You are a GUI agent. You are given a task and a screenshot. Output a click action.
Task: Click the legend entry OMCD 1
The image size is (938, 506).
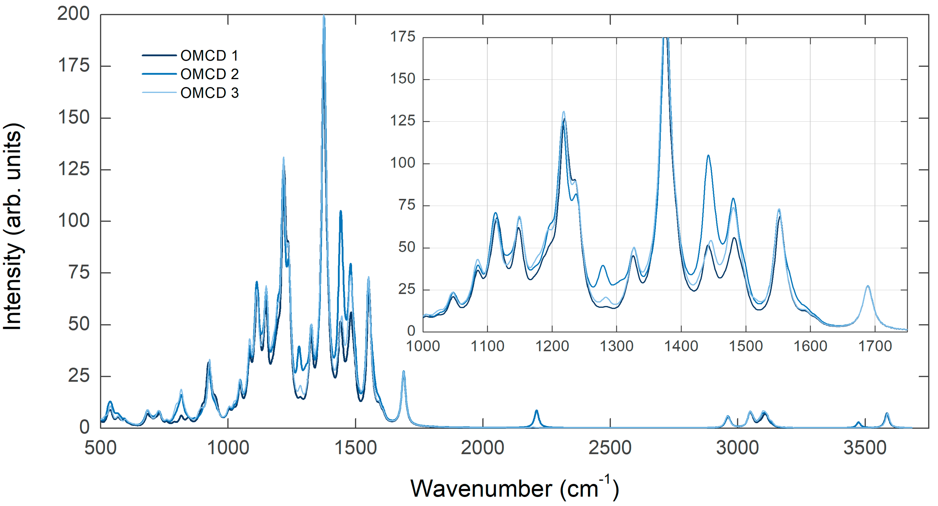point(209,56)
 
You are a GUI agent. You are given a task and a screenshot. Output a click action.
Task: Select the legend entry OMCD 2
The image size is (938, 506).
point(209,74)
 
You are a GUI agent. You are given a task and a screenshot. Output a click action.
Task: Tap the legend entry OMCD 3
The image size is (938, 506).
point(209,93)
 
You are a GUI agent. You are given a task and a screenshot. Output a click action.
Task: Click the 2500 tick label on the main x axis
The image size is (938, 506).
point(610,448)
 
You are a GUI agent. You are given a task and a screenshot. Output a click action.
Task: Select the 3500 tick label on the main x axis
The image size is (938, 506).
point(865,448)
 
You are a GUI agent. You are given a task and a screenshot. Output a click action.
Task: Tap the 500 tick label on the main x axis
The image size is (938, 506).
point(100,448)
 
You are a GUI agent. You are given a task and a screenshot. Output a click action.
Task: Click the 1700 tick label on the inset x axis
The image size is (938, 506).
point(875,346)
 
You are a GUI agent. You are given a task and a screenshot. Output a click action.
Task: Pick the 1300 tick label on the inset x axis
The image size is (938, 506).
point(617,346)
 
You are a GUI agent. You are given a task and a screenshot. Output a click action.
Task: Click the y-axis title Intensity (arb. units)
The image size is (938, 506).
point(13,226)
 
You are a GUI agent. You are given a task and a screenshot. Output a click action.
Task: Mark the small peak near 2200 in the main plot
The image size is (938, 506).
point(536,411)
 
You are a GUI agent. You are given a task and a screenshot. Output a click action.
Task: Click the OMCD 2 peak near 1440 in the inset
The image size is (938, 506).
point(708,156)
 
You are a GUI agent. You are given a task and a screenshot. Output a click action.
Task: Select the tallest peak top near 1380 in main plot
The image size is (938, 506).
point(324,16)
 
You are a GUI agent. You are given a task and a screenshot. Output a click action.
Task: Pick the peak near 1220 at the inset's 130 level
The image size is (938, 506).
point(564,112)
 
